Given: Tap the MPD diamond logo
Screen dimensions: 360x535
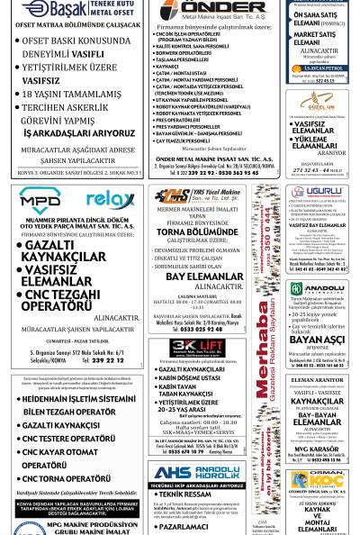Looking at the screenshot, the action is tap(40, 198).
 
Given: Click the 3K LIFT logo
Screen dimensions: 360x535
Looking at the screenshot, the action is tap(196, 348).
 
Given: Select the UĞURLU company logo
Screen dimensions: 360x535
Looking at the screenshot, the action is tap(310, 192).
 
